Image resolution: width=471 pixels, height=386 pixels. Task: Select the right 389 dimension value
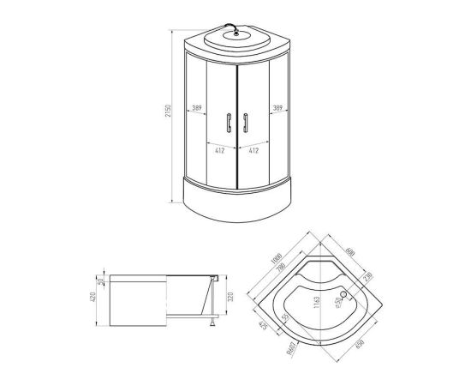click(278, 109)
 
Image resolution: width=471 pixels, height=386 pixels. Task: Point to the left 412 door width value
click(219, 149)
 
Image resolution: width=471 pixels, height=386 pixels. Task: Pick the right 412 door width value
click(254, 149)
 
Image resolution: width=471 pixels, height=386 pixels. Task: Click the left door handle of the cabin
click(228, 123)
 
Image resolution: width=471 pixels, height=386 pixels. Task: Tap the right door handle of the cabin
click(246, 123)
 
